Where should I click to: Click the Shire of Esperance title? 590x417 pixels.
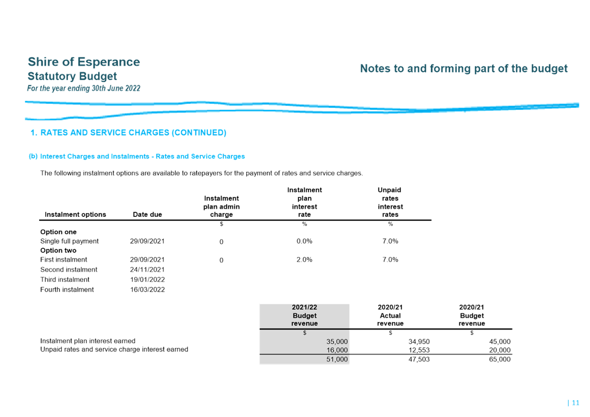84,61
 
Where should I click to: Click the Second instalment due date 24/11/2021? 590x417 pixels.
147,270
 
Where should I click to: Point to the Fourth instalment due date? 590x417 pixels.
147,290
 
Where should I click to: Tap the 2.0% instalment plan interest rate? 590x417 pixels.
304,260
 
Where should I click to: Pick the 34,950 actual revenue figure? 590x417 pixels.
419,341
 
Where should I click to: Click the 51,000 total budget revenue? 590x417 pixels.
337,359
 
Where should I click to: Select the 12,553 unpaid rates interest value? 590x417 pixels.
419,350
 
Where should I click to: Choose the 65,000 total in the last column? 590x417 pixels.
500,359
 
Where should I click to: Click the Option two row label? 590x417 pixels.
58,250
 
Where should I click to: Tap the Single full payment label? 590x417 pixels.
69,241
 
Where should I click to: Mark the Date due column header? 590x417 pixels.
147,214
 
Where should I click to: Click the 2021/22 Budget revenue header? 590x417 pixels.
304,315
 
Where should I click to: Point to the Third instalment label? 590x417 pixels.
65,279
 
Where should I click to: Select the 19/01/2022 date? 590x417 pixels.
147,279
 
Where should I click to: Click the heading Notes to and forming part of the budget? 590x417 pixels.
463,69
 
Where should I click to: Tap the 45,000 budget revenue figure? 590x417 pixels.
500,341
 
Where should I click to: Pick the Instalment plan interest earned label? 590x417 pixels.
88,341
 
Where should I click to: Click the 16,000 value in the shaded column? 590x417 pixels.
337,350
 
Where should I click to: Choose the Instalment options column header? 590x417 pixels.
75,214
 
